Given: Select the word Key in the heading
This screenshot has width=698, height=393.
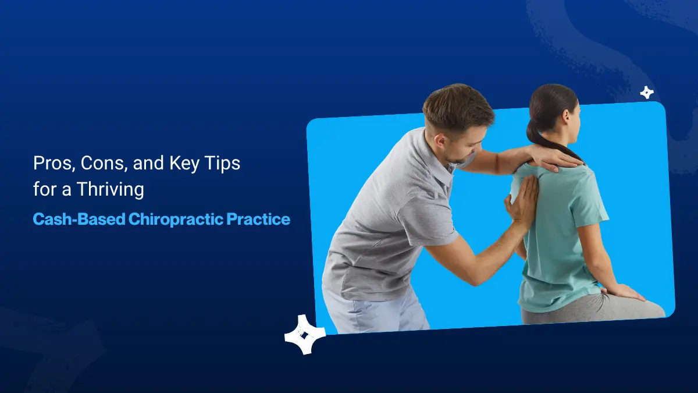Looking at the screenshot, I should (x=184, y=164).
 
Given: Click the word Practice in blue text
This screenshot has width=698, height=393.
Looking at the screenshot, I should (x=259, y=219).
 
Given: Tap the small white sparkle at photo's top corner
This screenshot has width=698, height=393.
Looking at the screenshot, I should (x=646, y=93).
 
